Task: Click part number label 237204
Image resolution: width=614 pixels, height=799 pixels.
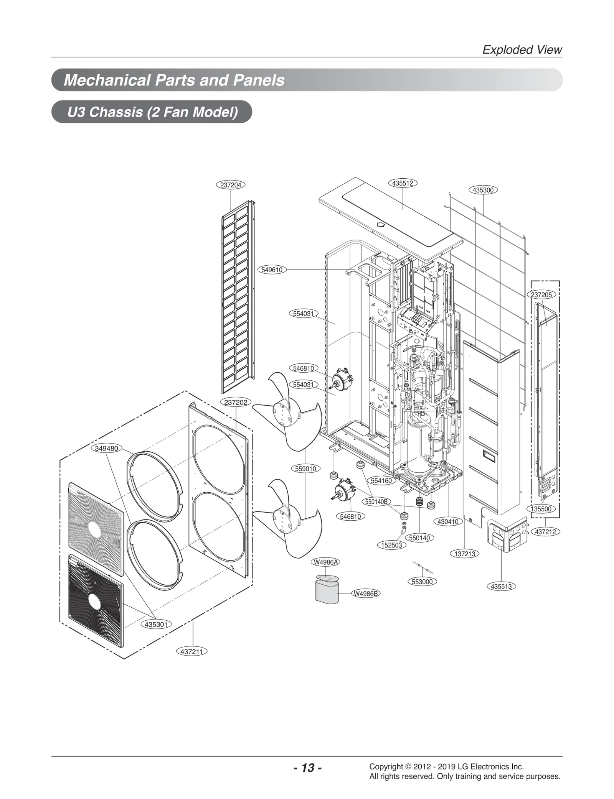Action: pyautogui.click(x=231, y=185)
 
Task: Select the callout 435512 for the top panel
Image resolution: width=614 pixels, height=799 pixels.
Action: pyautogui.click(x=403, y=183)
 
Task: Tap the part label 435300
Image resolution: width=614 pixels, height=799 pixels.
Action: pyautogui.click(x=483, y=190)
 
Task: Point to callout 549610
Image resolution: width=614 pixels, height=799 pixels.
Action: pyautogui.click(x=272, y=270)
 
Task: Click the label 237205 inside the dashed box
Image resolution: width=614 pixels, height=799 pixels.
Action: pyautogui.click(x=541, y=295)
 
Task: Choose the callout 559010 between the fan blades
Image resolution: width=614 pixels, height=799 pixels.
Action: pyautogui.click(x=305, y=469)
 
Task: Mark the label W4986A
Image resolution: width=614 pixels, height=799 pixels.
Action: pyautogui.click(x=326, y=562)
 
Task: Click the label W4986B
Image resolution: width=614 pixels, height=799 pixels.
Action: pyautogui.click(x=366, y=593)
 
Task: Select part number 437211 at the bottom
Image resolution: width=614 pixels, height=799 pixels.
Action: pyautogui.click(x=191, y=651)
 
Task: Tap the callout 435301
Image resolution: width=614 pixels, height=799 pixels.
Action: pyautogui.click(x=156, y=624)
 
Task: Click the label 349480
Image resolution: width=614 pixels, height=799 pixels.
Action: pyautogui.click(x=107, y=448)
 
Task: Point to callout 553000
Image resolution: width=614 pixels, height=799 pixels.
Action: pyautogui.click(x=422, y=582)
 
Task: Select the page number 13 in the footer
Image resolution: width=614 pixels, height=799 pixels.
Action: pyautogui.click(x=307, y=768)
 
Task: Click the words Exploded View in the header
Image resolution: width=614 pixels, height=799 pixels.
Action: pyautogui.click(x=522, y=50)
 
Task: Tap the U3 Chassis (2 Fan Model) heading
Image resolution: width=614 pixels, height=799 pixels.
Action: pyautogui.click(x=152, y=112)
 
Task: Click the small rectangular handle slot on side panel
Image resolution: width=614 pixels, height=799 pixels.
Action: pyautogui.click(x=489, y=456)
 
